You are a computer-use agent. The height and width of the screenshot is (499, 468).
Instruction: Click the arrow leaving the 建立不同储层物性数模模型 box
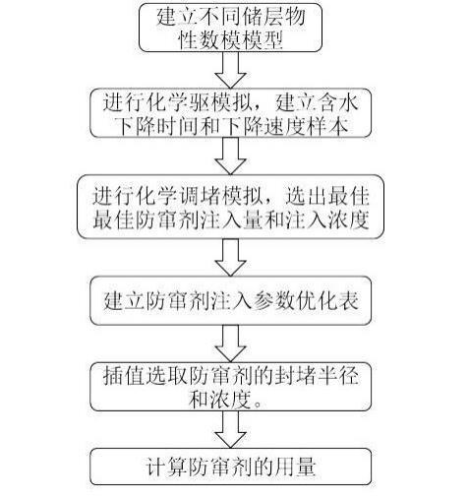230,70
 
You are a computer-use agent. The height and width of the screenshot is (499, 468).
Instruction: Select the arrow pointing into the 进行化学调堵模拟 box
230,156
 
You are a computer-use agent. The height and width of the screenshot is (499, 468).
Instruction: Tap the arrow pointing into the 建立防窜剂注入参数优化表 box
230,258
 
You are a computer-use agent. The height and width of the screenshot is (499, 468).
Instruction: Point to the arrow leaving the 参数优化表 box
230,343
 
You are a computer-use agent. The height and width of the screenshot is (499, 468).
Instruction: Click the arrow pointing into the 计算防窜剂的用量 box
230,430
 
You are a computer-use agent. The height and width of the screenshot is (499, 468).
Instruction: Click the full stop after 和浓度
258,404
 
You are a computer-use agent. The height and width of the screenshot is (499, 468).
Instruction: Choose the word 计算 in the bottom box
166,467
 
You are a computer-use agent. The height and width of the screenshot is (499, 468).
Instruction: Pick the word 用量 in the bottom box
295,467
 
